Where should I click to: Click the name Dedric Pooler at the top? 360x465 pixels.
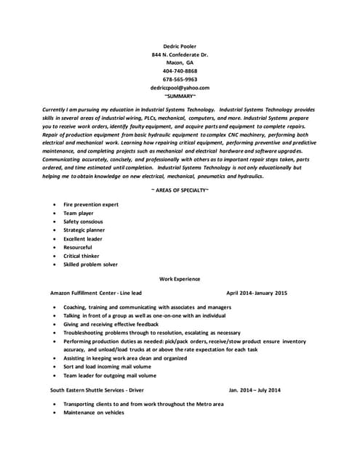pyautogui.click(x=180, y=46)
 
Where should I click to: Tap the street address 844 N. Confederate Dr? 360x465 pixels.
pyautogui.click(x=180, y=54)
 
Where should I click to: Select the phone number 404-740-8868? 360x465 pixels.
pyautogui.click(x=180, y=71)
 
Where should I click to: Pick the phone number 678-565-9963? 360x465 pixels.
pyautogui.click(x=180, y=79)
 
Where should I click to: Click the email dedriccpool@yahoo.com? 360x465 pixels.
pyautogui.click(x=180, y=87)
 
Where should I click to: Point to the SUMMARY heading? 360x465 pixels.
pyautogui.click(x=180, y=95)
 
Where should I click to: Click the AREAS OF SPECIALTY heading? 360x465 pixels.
pyautogui.click(x=180, y=190)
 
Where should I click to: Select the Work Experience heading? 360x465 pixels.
pyautogui.click(x=180, y=278)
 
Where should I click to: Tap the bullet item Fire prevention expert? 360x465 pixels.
pyautogui.click(x=91, y=205)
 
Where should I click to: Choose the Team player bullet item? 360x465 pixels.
pyautogui.click(x=79, y=214)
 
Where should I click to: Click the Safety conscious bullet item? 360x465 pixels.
pyautogui.click(x=83, y=222)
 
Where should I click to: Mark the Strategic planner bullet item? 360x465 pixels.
pyautogui.click(x=84, y=230)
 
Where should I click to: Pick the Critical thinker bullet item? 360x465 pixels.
pyautogui.click(x=81, y=256)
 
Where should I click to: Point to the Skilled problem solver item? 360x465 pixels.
pyautogui.click(x=90, y=264)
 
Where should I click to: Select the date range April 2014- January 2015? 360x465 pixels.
pyautogui.click(x=257, y=293)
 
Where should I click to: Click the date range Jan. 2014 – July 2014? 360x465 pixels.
pyautogui.click(x=255, y=390)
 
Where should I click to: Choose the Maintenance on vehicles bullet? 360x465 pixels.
pyautogui.click(x=94, y=413)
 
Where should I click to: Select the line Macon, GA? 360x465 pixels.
pyautogui.click(x=180, y=62)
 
